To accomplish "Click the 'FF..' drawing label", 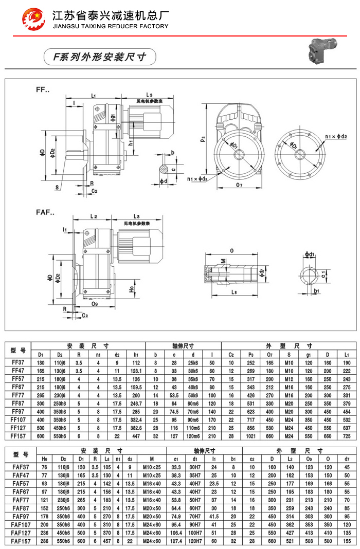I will click(x=43, y=90).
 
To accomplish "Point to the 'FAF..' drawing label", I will click(x=45, y=212).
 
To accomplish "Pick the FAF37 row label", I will click(x=17, y=467).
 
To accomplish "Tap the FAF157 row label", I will click(x=17, y=541).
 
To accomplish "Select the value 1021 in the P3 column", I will click(x=251, y=436).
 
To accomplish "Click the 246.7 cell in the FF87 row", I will click(x=136, y=403).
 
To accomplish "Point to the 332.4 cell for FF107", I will click(x=136, y=420).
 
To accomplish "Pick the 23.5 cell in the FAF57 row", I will click(x=214, y=483).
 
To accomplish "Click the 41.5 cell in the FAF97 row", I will click(x=214, y=516).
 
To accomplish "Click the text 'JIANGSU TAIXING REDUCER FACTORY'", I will click(x=111, y=26).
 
